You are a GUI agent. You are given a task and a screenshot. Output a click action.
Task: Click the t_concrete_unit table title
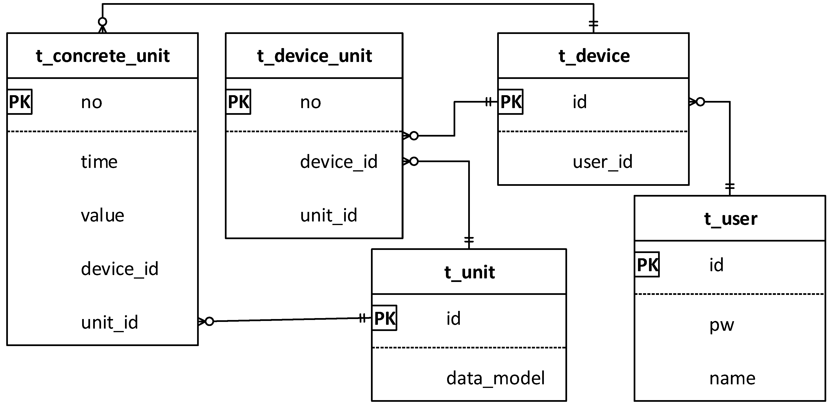click(x=102, y=56)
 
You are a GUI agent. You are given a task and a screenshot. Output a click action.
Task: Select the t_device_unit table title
click(x=314, y=56)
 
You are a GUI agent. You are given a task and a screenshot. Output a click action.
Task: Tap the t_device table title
click(x=594, y=56)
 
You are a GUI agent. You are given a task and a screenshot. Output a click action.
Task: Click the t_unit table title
click(x=469, y=272)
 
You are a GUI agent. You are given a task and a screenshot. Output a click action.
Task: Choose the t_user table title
click(x=730, y=219)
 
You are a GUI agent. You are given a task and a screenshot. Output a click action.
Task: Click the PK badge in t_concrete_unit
click(x=20, y=102)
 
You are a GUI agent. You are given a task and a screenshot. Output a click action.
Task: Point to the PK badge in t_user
click(x=647, y=265)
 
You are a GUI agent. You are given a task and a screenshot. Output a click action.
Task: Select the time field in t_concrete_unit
click(x=99, y=162)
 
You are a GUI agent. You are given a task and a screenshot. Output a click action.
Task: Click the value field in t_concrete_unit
click(x=102, y=215)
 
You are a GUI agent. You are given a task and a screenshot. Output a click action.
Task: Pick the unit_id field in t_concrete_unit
click(x=109, y=322)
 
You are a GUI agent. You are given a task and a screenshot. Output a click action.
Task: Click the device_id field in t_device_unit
click(x=338, y=162)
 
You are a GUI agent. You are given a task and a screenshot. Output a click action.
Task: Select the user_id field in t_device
click(x=602, y=162)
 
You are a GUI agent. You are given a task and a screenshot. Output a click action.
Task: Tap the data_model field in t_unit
click(x=495, y=378)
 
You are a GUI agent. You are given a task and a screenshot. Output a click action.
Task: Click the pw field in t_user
click(x=721, y=325)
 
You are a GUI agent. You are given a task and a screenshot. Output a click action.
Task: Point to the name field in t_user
click(x=732, y=378)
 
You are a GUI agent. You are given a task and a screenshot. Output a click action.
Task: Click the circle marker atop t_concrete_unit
click(x=102, y=22)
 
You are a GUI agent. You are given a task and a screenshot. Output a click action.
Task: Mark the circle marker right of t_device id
click(x=700, y=102)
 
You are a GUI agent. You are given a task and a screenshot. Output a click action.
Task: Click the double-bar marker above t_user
click(x=730, y=186)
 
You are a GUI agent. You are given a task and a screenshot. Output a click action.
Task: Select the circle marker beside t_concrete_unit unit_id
click(x=209, y=321)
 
